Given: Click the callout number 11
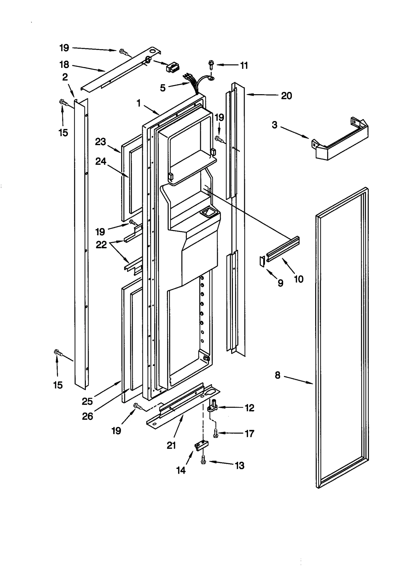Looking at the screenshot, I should [244, 66].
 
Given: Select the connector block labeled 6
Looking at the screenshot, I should [173, 68].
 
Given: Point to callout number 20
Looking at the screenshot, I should [286, 96].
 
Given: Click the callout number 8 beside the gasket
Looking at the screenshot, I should [278, 375].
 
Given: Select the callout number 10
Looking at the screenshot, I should [299, 279].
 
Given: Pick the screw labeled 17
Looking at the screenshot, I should [216, 433].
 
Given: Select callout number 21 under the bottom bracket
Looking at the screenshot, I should [171, 445].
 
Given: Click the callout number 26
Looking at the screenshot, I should [87, 416].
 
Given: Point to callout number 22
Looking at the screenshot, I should [101, 245].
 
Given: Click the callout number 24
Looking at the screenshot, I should [100, 161].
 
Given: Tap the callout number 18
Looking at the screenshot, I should [64, 64].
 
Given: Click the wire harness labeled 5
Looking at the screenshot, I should [193, 84].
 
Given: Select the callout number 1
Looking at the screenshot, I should [138, 103].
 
